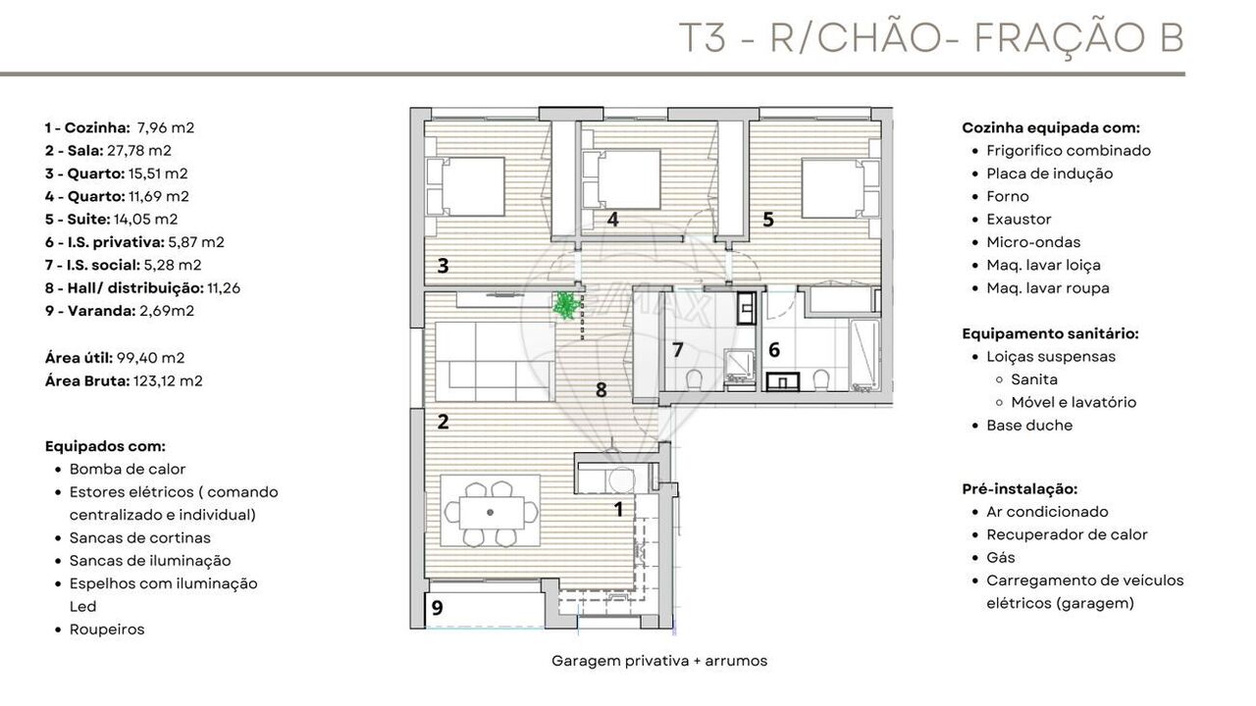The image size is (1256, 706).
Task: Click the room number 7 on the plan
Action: point(678,350)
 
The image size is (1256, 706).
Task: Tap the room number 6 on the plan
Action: point(774,350)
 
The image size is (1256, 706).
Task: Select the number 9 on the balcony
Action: point(438,607)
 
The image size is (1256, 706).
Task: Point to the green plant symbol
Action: point(567,305)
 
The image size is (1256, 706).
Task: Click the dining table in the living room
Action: point(492,512)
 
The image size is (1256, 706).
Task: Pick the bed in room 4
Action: point(622,179)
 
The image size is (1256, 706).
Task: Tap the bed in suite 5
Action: point(840,188)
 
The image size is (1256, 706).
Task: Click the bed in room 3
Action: point(465,186)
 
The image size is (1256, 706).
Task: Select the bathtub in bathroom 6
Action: point(864,355)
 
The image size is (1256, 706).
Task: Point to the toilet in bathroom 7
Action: point(694,378)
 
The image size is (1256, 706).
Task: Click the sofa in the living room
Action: point(495,362)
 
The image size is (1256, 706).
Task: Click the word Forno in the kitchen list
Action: point(1008,197)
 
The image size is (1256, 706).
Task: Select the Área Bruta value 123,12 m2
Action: point(168,381)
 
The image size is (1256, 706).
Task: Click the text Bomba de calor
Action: point(128,469)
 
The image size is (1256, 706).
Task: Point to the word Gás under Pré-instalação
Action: point(1001,558)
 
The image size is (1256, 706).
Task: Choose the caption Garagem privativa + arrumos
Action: point(659,661)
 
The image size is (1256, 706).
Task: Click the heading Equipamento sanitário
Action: point(1050,334)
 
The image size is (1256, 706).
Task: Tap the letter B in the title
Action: point(1172,38)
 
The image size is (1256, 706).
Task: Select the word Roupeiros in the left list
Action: point(107,630)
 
